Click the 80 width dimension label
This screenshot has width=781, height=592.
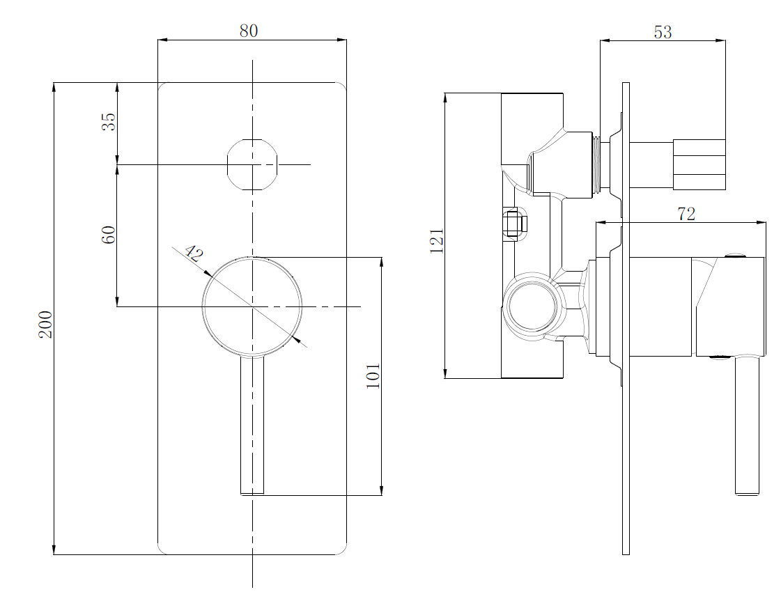click(x=249, y=31)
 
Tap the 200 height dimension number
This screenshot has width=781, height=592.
click(x=46, y=324)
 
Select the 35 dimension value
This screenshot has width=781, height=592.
click(x=109, y=121)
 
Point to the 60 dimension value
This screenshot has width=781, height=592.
click(x=109, y=235)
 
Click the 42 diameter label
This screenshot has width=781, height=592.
click(x=194, y=254)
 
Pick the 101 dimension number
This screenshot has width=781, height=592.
click(x=373, y=376)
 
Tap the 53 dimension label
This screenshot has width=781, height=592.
click(x=663, y=32)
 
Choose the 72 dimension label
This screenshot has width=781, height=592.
click(x=686, y=214)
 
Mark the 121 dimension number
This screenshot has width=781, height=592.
click(x=437, y=241)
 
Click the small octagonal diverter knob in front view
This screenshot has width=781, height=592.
click(x=252, y=165)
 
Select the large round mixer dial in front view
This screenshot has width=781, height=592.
click(x=252, y=306)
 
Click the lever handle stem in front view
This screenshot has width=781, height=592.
click(x=252, y=426)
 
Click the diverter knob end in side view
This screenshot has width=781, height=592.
click(x=699, y=165)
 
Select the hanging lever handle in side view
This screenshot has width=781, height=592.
click(x=747, y=426)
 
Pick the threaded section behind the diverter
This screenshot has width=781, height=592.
click(x=596, y=165)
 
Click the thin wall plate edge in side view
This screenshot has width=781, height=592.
click(x=626, y=319)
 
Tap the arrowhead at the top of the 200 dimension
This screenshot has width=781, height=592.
click(x=54, y=87)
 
